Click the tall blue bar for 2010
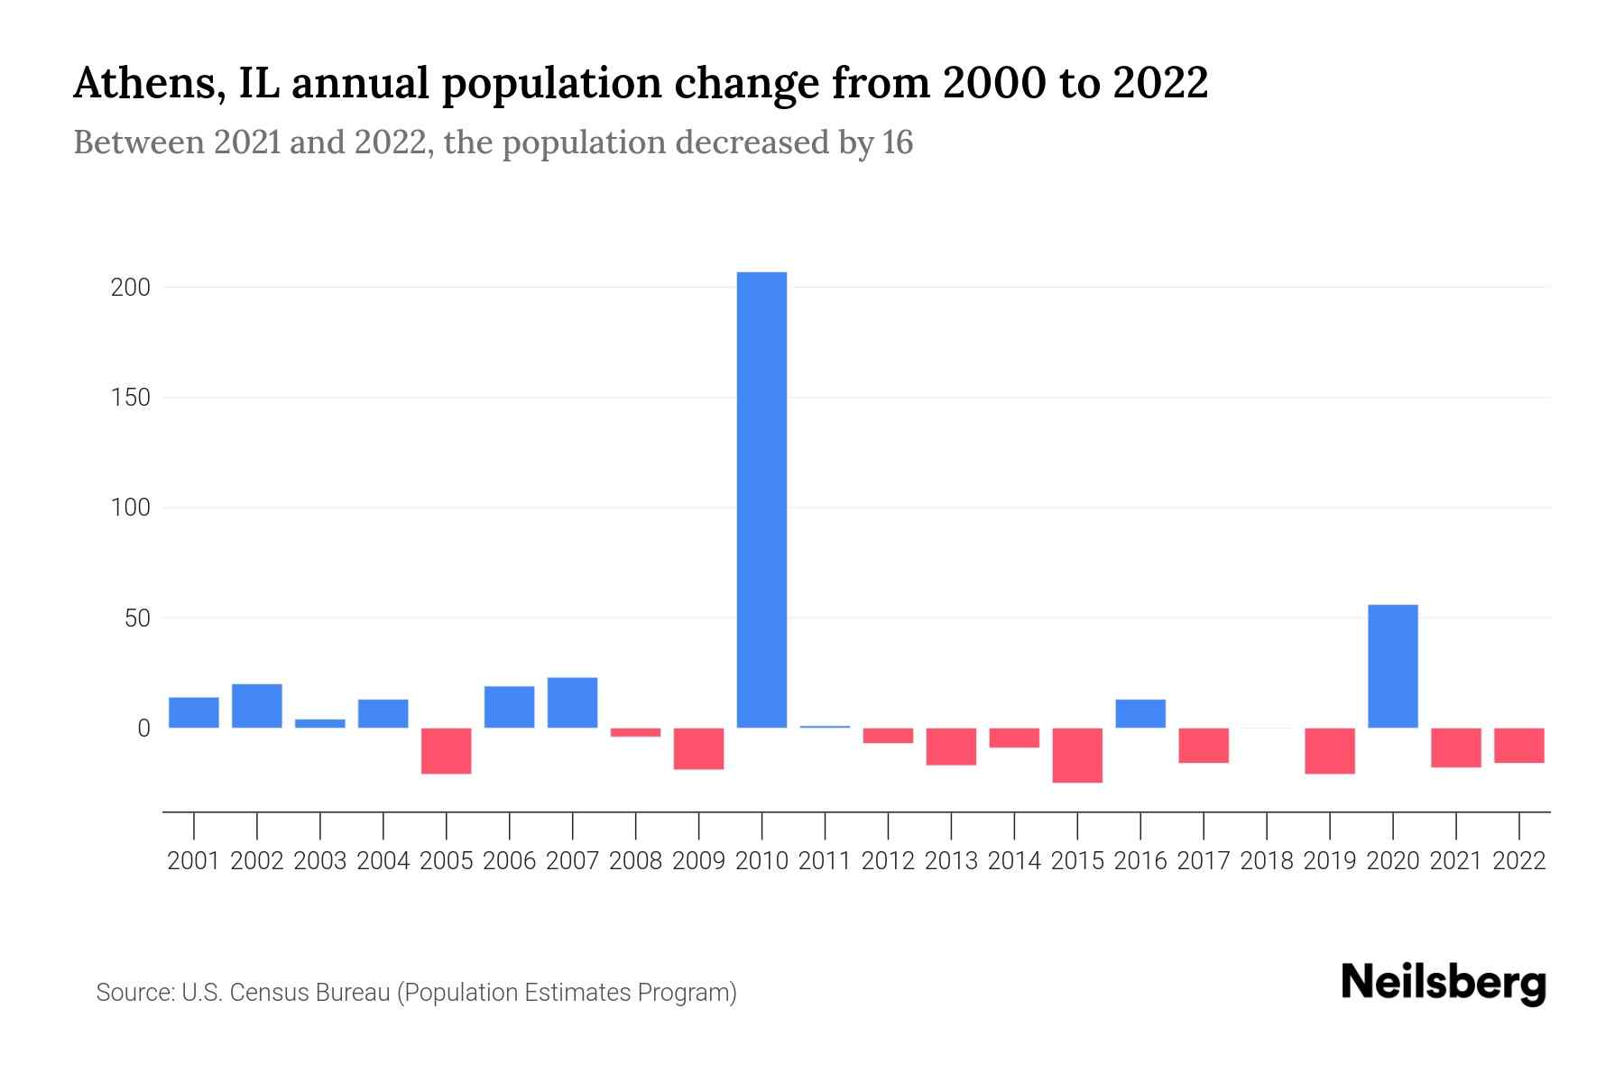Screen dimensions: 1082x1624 click(761, 500)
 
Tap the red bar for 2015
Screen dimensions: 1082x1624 click(1077, 755)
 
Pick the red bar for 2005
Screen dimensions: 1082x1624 click(446, 750)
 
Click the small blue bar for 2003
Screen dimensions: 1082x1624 click(319, 723)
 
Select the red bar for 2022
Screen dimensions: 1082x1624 click(1518, 745)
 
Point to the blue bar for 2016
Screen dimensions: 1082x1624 click(1140, 713)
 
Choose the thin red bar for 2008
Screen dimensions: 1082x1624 click(635, 732)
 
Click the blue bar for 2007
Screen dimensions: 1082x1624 click(572, 702)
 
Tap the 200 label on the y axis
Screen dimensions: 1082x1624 click(130, 288)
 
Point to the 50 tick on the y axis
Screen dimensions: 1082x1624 click(137, 619)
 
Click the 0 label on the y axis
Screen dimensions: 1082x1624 click(143, 729)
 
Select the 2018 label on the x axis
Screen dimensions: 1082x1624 click(1267, 861)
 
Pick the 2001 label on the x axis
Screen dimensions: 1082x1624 click(194, 861)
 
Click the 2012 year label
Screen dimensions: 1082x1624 click(888, 861)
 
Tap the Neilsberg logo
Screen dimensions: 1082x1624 click(1443, 983)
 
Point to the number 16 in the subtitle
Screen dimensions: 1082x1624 click(897, 142)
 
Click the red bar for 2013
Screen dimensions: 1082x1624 click(951, 747)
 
